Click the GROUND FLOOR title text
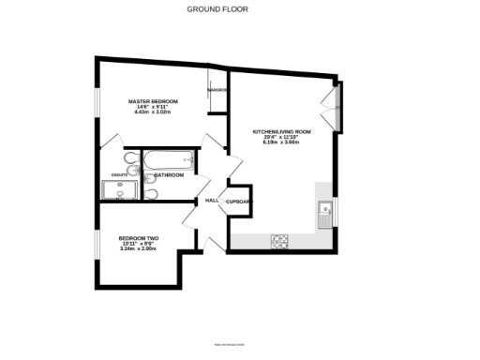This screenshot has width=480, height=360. (240, 10)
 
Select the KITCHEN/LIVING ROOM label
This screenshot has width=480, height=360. (281, 131)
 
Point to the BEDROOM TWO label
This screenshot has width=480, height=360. (139, 238)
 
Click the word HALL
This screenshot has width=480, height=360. (212, 200)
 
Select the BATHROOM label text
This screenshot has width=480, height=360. (170, 175)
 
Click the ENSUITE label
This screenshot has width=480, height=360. (119, 175)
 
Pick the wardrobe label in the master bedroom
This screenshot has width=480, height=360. (217, 90)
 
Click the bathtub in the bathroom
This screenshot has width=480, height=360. (169, 160)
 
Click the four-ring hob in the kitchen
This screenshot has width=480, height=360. (280, 240)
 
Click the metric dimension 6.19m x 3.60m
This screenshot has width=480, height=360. (281, 142)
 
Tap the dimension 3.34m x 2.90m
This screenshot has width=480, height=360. (139, 249)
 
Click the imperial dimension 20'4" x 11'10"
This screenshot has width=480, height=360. (281, 137)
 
